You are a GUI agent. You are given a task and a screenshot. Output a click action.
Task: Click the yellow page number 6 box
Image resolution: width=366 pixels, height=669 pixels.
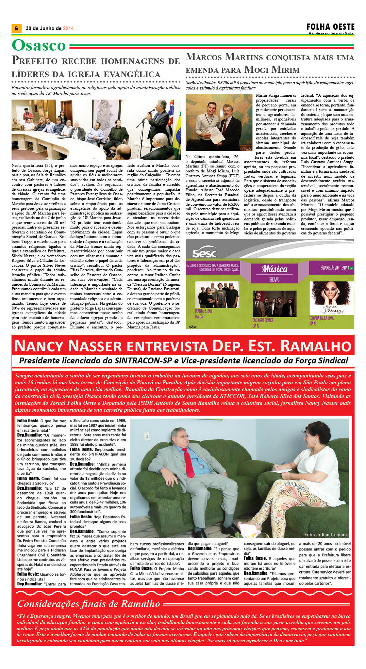(x=16, y=28)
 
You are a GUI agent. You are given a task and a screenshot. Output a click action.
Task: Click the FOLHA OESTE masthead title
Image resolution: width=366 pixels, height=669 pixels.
(x=330, y=27)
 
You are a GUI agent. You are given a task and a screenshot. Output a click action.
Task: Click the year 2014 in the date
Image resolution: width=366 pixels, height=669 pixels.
(x=68, y=28)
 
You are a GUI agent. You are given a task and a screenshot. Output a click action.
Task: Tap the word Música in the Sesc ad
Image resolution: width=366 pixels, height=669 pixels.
(x=274, y=269)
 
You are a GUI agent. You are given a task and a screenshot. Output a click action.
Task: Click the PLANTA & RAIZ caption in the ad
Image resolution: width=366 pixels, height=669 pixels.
(x=204, y=311)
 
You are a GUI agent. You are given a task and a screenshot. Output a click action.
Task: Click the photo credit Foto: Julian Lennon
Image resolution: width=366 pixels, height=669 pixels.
(x=325, y=534)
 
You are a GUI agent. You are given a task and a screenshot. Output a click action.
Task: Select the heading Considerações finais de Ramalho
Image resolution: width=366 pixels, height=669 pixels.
(x=89, y=604)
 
